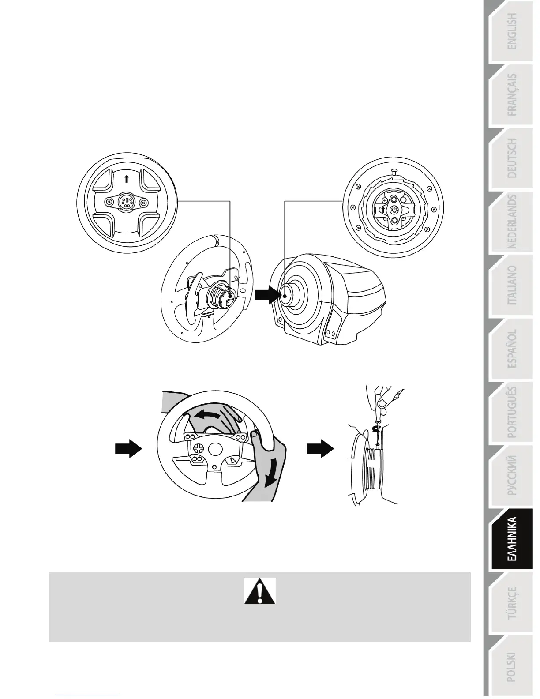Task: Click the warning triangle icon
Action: tap(260, 591)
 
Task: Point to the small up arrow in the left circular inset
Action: tap(127, 179)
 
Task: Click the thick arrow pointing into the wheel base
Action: tap(267, 294)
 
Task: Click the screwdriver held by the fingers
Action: tap(376, 419)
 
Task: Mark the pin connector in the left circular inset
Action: tap(127, 203)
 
